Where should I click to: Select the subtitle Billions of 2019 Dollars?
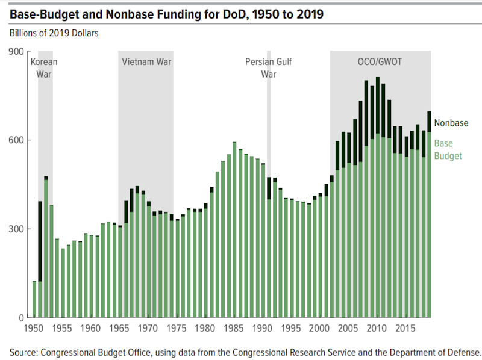[x=53, y=33]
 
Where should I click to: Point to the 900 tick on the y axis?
[x=16, y=52]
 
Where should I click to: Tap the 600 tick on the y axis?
[x=16, y=140]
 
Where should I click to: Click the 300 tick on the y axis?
[x=16, y=229]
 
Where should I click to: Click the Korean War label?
[x=45, y=67]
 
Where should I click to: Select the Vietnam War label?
[x=145, y=61]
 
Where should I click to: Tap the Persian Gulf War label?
[x=269, y=67]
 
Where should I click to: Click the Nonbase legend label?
[x=451, y=123]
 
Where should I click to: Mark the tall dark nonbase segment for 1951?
[x=40, y=241]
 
